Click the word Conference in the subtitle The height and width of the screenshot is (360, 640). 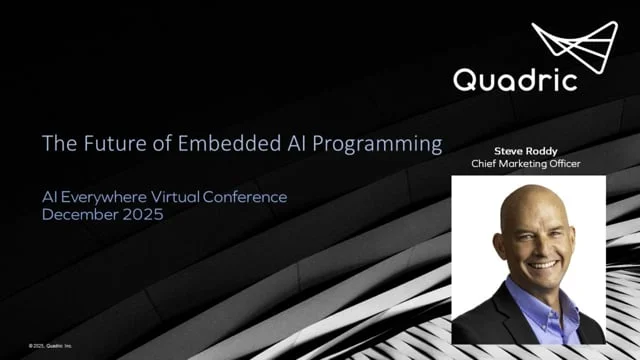247,197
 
